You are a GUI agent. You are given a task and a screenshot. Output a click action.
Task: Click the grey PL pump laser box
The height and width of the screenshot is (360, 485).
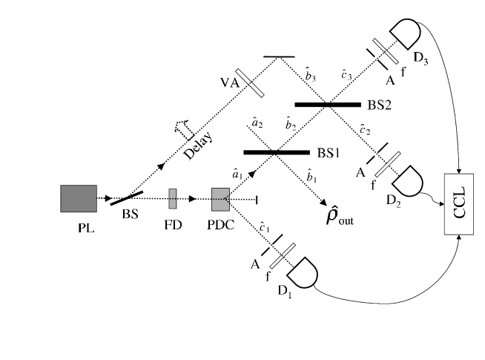(x=79, y=198)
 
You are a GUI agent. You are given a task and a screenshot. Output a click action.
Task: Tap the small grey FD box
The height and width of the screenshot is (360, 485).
(x=173, y=198)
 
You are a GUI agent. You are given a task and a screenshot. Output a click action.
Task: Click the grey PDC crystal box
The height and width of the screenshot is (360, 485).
(x=220, y=199)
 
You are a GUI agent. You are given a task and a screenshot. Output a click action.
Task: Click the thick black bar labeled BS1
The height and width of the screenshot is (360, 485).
(x=274, y=152)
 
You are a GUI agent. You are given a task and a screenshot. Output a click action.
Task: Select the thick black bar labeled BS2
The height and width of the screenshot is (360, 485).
(x=326, y=105)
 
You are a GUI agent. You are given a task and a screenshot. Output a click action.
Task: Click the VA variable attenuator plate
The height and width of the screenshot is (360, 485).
(x=253, y=84)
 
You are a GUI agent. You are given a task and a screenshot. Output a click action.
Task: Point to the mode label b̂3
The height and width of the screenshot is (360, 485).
(x=311, y=72)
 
